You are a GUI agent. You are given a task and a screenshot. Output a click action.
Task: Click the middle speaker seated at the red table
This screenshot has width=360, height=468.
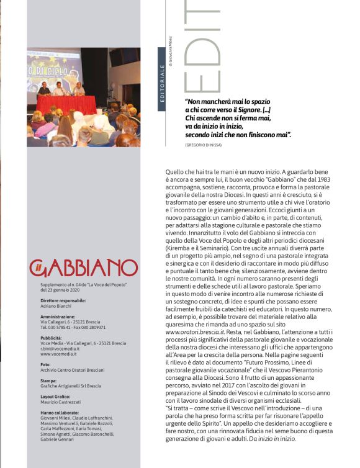pyautogui.click(x=59, y=89)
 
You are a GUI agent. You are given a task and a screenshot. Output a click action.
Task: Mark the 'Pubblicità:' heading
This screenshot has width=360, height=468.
pyautogui.click(x=52, y=338)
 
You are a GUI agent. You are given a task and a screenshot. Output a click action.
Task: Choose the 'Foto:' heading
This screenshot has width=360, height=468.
pyautogui.click(x=45, y=365)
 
